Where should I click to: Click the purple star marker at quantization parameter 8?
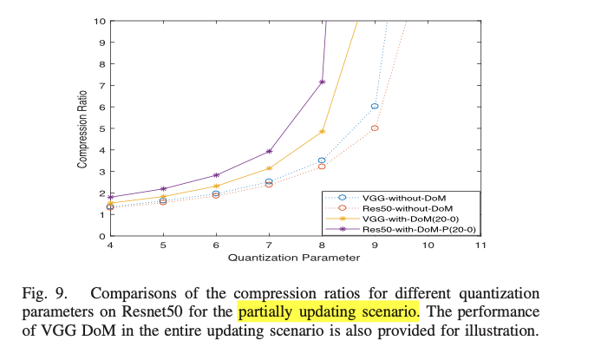[322, 82]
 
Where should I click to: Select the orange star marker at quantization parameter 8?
[322, 132]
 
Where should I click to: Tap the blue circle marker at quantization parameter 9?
[375, 106]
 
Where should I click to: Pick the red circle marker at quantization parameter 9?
[375, 128]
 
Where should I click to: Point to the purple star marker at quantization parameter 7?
[269, 152]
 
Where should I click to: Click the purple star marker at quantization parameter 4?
[111, 198]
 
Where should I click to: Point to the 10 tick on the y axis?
[99, 21]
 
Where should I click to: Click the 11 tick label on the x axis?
[480, 245]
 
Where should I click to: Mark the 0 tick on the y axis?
[102, 236]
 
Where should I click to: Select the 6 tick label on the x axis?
[216, 245]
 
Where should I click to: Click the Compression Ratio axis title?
[82, 129]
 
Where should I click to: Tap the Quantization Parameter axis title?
[294, 258]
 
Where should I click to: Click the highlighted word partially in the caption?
[266, 311]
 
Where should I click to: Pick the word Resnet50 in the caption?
[152, 311]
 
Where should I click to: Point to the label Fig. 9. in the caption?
[44, 293]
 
